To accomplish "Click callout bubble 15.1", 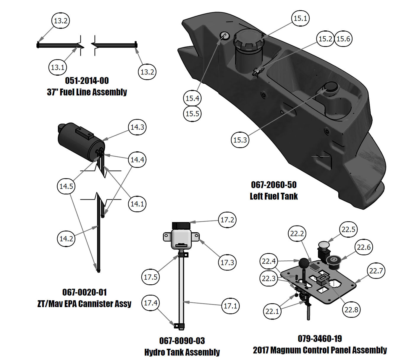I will tap(300, 18).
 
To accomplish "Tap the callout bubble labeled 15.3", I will tap(240, 140).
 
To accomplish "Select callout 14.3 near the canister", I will tap(137, 127).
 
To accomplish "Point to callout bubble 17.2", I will tap(227, 220).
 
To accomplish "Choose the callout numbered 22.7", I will tap(376, 271).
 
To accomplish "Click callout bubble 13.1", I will tap(58, 67).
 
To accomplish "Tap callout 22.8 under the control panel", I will tap(351, 309).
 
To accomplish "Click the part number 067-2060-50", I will tap(274, 185).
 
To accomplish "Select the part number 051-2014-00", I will tap(87, 81).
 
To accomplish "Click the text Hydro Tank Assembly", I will tap(182, 352).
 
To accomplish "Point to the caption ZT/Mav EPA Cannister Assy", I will tap(84, 304).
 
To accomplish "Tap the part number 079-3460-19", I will tap(320, 339).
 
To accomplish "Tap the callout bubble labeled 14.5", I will tap(66, 186).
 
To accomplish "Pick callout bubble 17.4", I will tap(151, 303).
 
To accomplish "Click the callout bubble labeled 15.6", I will tap(343, 39).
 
